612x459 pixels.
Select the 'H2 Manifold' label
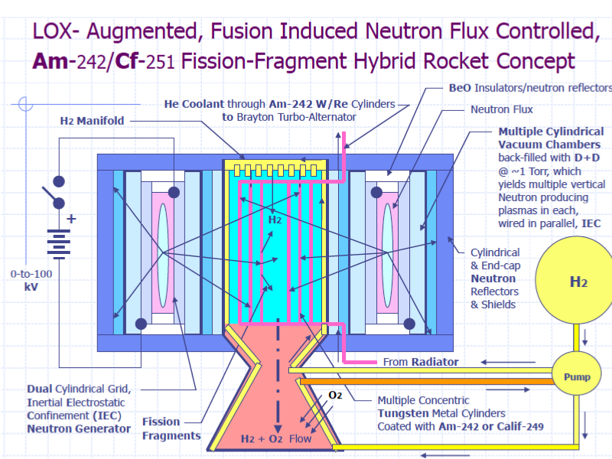coord(92,121)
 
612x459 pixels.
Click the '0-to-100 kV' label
coord(31,280)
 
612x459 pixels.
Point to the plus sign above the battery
coord(72,218)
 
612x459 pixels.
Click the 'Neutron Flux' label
coord(502,109)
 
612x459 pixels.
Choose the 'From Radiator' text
coord(421,362)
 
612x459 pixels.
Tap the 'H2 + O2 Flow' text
coord(276,438)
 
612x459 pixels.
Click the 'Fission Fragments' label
coord(171,428)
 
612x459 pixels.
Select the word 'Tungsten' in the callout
coord(404,413)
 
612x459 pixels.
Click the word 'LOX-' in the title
coord(57,31)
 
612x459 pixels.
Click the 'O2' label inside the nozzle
coord(335,395)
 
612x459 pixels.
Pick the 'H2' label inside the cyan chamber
coord(275,220)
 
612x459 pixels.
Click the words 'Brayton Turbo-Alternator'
coord(288,117)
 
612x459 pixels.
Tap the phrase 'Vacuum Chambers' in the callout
coord(549,145)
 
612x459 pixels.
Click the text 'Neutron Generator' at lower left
coord(79,428)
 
